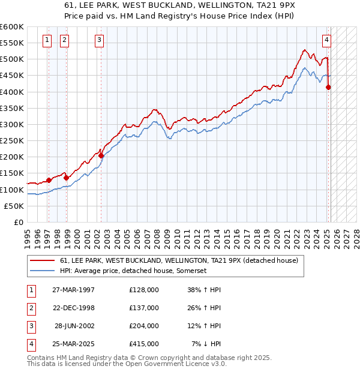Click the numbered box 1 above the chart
coord(47,41)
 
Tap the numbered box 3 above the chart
coord(99,41)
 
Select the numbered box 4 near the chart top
coord(326,41)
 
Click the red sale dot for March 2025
coord(328,87)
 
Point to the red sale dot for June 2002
coord(101,156)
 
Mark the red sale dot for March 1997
coord(49,180)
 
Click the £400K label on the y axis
coord(11,92)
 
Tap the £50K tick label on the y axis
coord(14,206)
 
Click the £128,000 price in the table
coord(144,289)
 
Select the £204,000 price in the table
coord(144,326)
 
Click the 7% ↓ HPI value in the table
coord(206,344)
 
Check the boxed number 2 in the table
coord(31,308)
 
